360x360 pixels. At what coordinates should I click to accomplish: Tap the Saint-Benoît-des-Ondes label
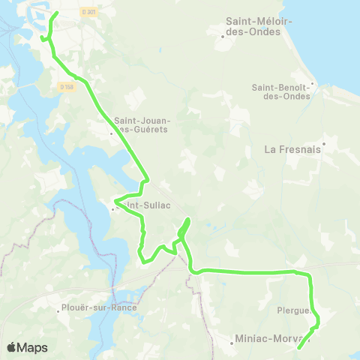tap(283, 91)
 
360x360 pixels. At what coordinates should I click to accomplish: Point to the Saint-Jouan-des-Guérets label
tap(142, 124)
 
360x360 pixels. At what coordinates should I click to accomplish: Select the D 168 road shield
tap(67, 87)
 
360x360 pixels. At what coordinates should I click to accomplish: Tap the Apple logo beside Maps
tap(11, 347)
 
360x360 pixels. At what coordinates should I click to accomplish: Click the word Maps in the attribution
tap(32, 347)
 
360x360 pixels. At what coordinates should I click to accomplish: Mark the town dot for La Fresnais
tap(324, 142)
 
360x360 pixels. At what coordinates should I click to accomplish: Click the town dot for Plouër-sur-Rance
tap(59, 308)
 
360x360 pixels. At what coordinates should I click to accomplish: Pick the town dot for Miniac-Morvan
tap(232, 343)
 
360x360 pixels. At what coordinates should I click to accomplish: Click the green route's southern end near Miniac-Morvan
tap(298, 348)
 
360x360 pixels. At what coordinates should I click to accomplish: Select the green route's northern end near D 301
tap(58, 13)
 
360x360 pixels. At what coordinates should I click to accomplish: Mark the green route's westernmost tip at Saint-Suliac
tap(115, 201)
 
